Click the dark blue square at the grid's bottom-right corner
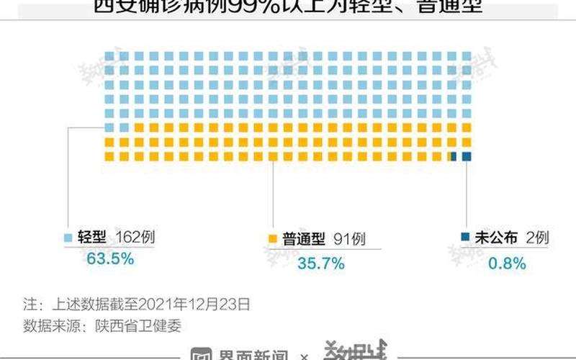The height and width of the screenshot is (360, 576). point(467,156)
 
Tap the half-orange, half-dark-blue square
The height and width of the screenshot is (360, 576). point(453,156)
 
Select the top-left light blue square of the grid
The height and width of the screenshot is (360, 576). point(109,55)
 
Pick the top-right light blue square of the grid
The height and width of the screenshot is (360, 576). point(467,55)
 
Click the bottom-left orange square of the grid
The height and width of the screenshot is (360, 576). point(109,156)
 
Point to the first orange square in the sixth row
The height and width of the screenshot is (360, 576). point(122,127)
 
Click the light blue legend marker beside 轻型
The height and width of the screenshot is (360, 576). point(68,238)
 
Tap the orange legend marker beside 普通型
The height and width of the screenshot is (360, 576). point(272,238)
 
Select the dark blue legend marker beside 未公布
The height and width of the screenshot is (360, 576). point(465,238)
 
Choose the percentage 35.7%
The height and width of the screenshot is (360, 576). point(320,264)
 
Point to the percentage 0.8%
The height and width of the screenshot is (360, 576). point(507,264)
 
